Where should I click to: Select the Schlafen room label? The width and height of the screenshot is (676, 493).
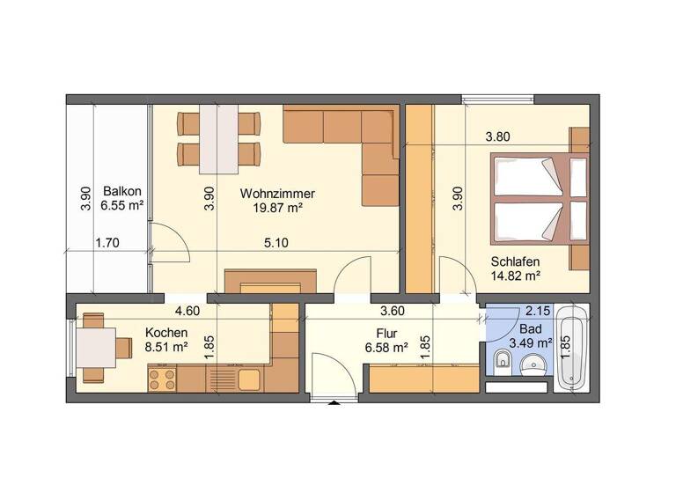(x=515, y=261)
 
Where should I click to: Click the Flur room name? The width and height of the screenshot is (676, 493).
(x=386, y=333)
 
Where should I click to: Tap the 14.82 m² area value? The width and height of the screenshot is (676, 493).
(x=515, y=276)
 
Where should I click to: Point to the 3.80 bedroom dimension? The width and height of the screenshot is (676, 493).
(x=498, y=136)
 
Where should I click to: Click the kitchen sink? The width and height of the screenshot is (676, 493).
(x=248, y=379)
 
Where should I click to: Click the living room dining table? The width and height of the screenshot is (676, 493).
(x=219, y=139)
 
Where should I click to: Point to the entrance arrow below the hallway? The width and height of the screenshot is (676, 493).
(x=334, y=404)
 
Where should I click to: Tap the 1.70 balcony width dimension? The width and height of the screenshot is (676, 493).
(x=107, y=243)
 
